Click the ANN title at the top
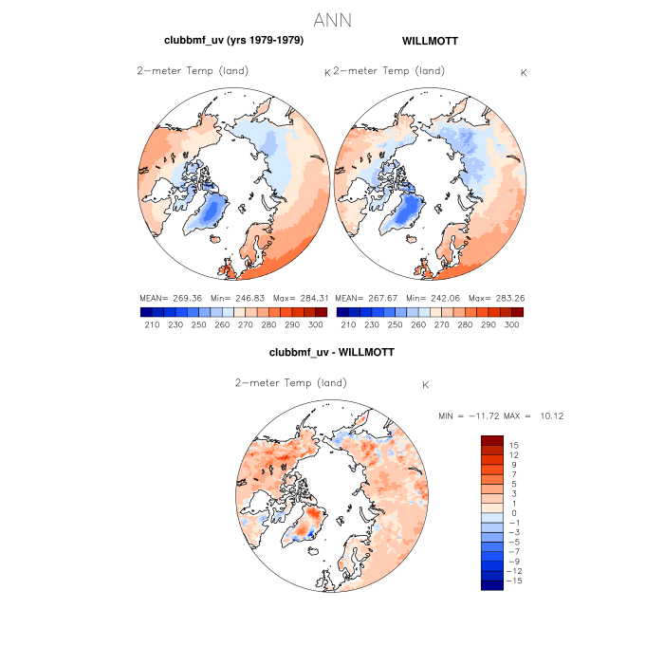[332, 20]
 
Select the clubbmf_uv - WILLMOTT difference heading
[331, 352]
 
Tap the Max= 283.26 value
[498, 298]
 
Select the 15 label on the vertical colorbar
[513, 445]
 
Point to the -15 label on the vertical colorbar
[516, 581]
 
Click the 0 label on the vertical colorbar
[512, 513]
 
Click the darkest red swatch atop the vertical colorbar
[491, 439]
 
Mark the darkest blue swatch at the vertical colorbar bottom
[491, 585]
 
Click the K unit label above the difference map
[426, 385]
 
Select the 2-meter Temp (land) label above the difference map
[290, 383]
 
